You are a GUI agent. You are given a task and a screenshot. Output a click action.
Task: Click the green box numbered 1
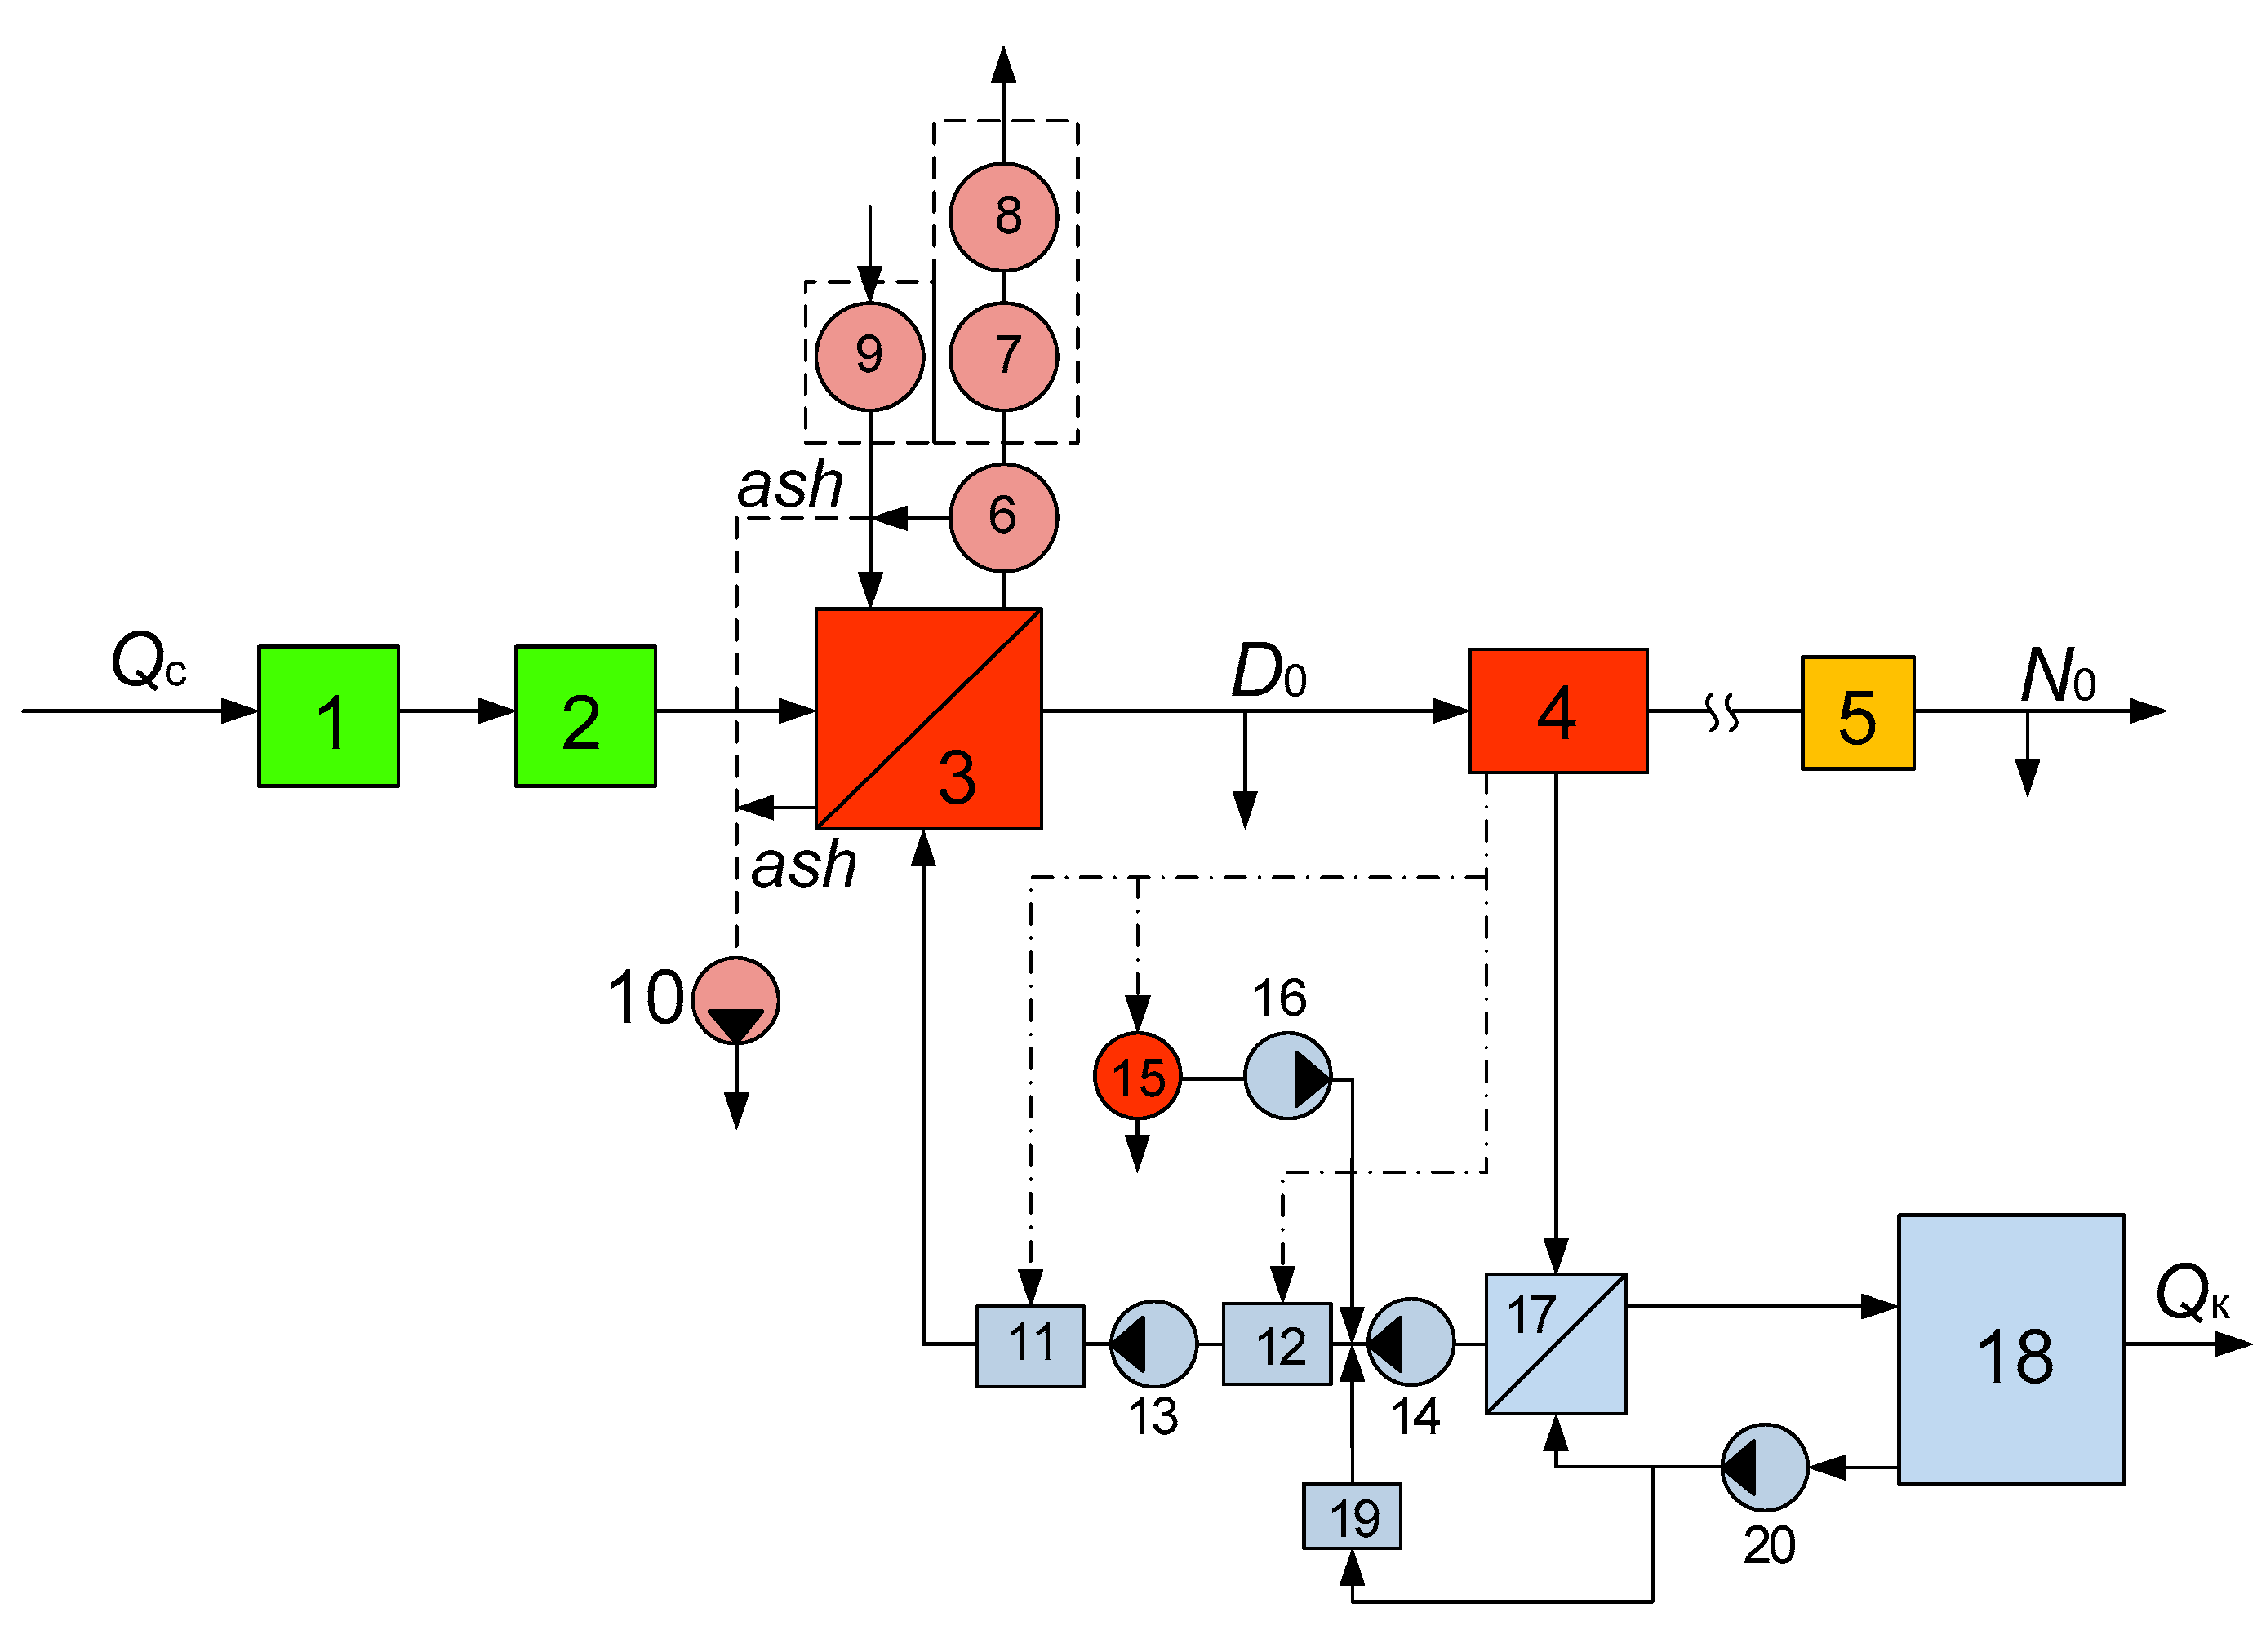(x=329, y=716)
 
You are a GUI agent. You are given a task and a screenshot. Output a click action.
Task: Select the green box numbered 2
(x=585, y=716)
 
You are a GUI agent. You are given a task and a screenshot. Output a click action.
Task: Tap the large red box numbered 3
(x=928, y=718)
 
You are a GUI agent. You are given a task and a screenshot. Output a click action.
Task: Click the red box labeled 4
(x=1557, y=711)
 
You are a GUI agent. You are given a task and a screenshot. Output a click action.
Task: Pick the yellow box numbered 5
(x=1857, y=713)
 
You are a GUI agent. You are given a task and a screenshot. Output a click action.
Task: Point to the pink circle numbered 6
(x=1003, y=517)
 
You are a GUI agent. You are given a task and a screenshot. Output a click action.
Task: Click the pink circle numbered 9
(x=869, y=356)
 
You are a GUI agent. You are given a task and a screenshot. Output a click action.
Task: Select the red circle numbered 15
(x=1137, y=1078)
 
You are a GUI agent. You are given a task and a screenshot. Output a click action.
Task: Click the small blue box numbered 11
(x=1030, y=1344)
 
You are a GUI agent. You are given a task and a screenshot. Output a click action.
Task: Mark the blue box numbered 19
(x=1351, y=1517)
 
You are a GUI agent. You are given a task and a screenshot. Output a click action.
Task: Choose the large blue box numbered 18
(x=2011, y=1350)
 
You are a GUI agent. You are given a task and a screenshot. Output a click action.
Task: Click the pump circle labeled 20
(x=1765, y=1468)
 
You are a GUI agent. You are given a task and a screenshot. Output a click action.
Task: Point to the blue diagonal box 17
(x=1555, y=1344)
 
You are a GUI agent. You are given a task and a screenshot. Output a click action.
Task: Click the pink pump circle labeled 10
(x=735, y=1001)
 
